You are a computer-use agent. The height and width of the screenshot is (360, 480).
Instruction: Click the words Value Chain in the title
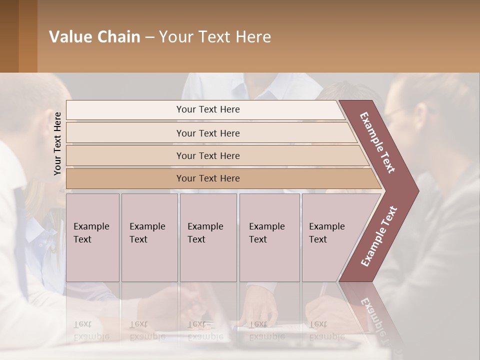click(94, 37)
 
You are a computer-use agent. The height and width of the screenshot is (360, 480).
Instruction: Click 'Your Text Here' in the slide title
click(215, 37)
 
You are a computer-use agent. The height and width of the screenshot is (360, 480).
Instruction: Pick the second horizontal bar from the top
click(208, 133)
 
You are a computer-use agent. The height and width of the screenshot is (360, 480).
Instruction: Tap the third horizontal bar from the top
click(208, 156)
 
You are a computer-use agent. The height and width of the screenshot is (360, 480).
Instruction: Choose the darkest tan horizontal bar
click(208, 178)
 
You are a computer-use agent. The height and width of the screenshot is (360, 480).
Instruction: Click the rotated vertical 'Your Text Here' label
click(57, 143)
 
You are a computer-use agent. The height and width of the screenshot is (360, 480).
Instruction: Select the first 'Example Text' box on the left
click(92, 237)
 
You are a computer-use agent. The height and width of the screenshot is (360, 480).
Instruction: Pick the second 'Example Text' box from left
click(149, 237)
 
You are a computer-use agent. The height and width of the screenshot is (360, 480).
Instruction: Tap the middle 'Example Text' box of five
click(208, 237)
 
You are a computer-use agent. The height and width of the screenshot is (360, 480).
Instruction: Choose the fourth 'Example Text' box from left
click(269, 237)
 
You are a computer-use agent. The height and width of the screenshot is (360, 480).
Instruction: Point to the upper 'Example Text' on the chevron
click(377, 142)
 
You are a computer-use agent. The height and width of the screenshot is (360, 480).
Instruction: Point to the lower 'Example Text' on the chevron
click(378, 236)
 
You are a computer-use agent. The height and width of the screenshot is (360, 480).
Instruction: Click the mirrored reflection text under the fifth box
click(326, 330)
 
